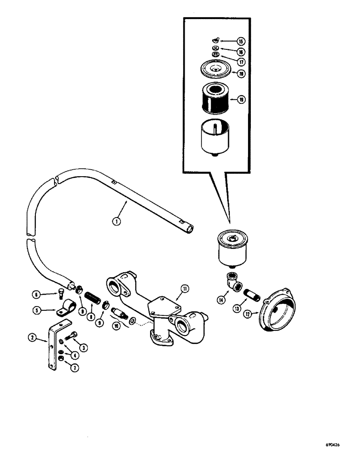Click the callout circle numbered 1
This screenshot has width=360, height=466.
click(x=117, y=221)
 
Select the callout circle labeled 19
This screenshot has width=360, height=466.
click(x=240, y=99)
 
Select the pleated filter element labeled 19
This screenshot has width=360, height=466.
click(x=215, y=98)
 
